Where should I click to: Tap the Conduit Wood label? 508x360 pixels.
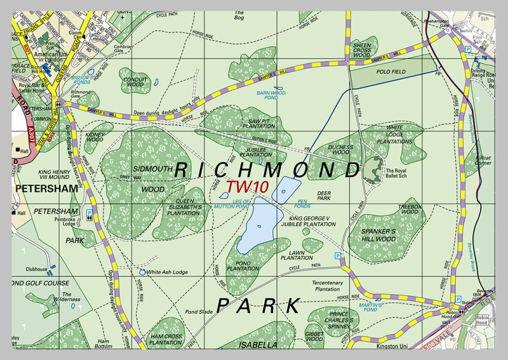134,81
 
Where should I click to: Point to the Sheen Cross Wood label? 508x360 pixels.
362,50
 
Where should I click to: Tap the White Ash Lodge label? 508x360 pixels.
167,272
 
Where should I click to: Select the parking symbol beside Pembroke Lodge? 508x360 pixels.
89,214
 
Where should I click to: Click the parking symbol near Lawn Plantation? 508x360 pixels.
338,255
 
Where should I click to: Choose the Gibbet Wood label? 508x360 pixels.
314,336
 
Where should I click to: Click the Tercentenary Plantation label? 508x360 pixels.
327,286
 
